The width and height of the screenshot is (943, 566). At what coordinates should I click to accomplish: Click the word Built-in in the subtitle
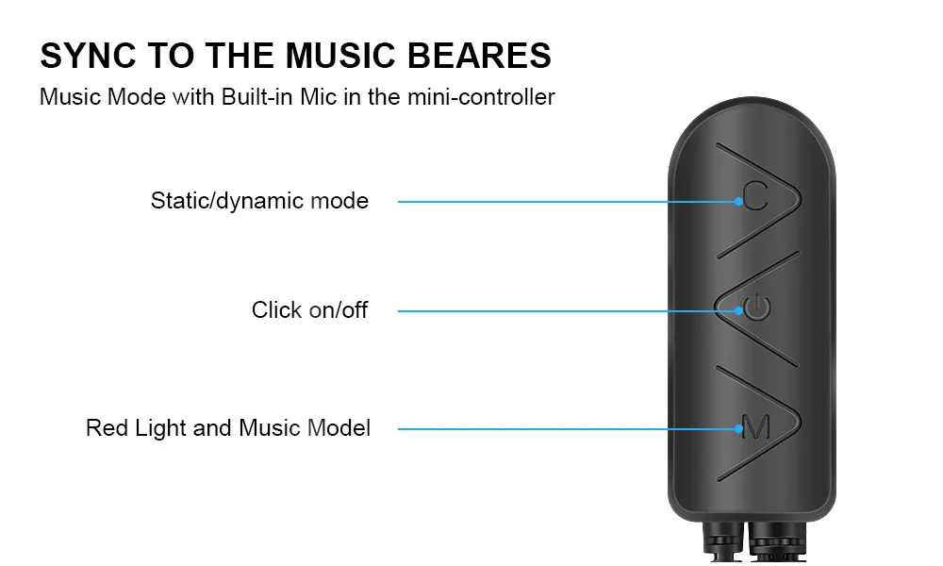tap(267, 96)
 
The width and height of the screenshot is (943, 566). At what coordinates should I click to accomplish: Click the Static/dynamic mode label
tap(259, 201)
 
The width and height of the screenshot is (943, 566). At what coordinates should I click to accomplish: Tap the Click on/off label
tap(309, 310)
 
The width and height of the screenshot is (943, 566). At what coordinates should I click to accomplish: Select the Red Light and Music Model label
tap(228, 428)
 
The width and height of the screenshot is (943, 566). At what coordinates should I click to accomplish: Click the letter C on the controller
tap(754, 196)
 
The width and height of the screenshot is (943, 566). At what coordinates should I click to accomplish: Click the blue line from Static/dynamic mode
tap(566, 201)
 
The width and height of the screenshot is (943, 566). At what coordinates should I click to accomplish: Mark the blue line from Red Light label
tap(566, 429)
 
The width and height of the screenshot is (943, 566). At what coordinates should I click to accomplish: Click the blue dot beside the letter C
tap(738, 201)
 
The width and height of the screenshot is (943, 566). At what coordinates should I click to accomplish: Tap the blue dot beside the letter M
tap(738, 429)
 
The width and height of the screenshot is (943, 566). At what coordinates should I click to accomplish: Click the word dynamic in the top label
tap(262, 201)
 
